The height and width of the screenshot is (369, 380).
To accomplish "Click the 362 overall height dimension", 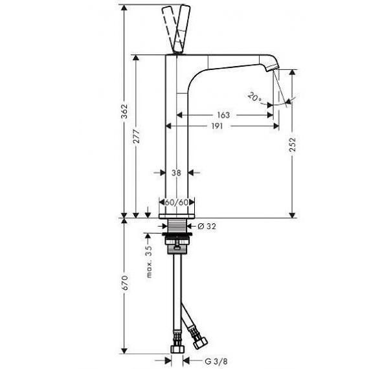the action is click(124, 111).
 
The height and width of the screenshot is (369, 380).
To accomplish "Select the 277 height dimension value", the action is click(137, 137).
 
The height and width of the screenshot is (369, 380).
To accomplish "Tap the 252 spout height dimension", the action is click(293, 144).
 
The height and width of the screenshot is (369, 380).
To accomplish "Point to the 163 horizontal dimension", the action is click(223, 115).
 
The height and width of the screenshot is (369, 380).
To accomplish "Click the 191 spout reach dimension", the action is click(217, 126).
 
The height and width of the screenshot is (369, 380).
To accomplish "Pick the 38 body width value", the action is click(176, 173).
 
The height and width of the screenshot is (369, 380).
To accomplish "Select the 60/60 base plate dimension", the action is click(177, 202).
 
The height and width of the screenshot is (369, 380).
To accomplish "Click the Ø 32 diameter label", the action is click(207, 227).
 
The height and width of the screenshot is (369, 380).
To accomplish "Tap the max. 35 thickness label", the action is click(149, 262).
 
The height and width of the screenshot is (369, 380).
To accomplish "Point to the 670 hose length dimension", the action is click(124, 282).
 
